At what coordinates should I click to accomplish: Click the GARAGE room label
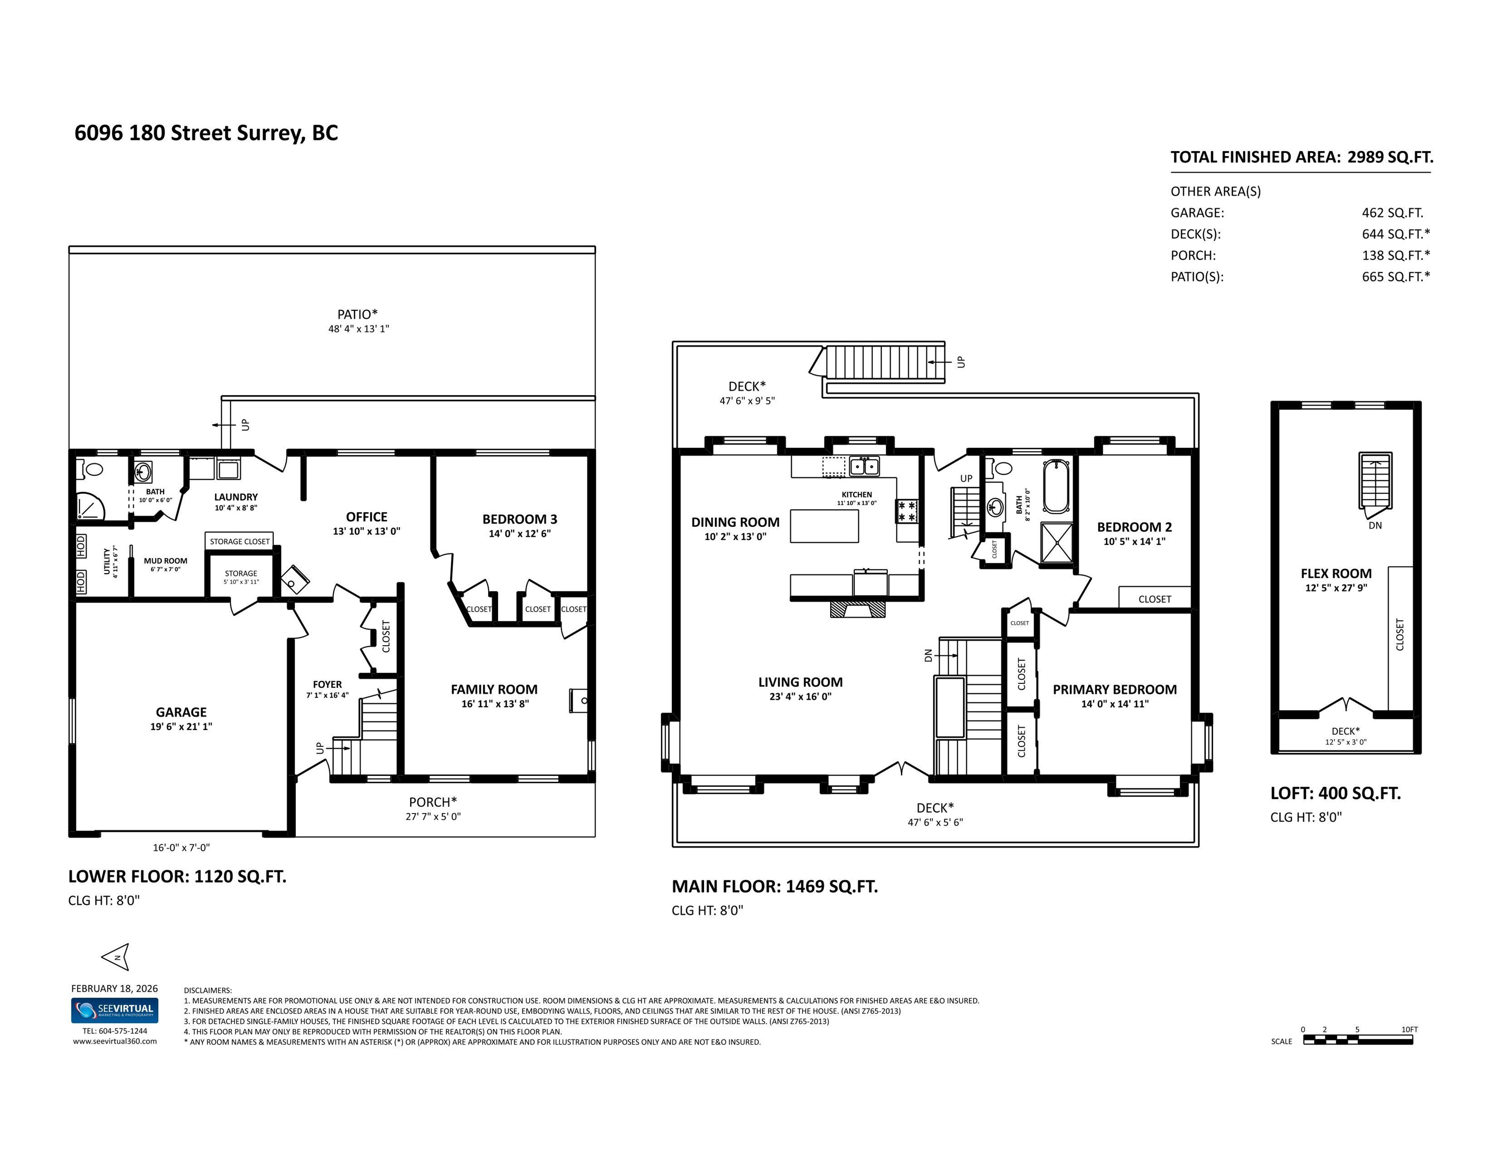point(181,712)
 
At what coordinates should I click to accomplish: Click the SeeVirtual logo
point(114,1010)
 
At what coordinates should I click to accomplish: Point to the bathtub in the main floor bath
point(1056,487)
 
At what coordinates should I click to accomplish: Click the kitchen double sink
point(864,466)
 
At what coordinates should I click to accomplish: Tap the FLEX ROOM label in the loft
point(1336,573)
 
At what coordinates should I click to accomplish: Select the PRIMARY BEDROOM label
point(1114,689)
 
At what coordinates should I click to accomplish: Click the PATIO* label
point(357,314)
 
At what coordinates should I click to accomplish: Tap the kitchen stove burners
point(907,511)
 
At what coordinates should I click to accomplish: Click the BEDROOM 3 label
point(520,519)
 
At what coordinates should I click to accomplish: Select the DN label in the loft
point(1375,526)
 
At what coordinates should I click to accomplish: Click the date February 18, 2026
point(114,988)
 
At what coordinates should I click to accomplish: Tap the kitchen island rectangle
point(824,526)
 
